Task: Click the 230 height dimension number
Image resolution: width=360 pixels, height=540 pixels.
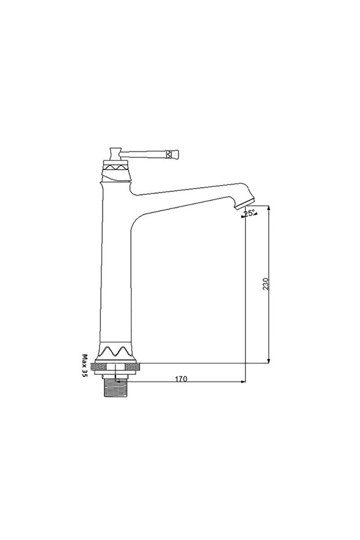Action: click(x=266, y=284)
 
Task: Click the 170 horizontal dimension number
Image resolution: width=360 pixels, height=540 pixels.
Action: click(x=181, y=379)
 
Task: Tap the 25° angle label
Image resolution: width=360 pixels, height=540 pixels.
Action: click(x=249, y=213)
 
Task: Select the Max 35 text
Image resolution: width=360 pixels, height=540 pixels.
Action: click(x=84, y=366)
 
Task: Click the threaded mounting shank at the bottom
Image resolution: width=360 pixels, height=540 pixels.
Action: click(x=116, y=387)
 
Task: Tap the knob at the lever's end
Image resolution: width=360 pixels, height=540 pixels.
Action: click(x=172, y=154)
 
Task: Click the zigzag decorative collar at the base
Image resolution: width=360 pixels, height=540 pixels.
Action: click(x=115, y=352)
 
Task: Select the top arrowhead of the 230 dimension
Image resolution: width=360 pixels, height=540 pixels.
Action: click(x=269, y=209)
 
